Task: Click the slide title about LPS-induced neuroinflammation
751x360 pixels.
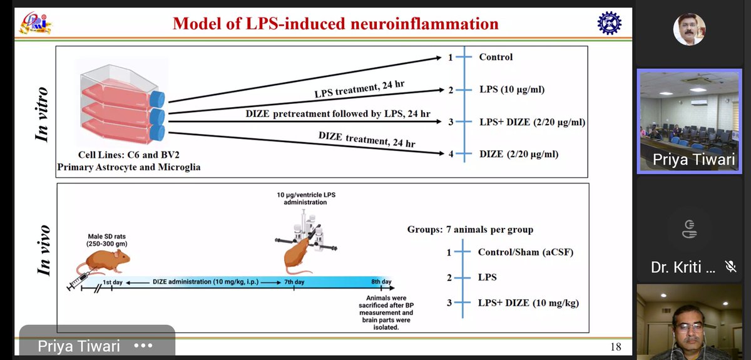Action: [335, 24]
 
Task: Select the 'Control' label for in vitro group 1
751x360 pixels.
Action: [496, 57]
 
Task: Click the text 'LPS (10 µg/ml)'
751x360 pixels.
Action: [512, 90]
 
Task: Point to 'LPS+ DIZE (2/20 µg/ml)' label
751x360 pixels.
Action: [532, 122]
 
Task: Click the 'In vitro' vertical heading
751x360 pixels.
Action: [42, 114]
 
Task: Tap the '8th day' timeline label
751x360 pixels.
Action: [381, 282]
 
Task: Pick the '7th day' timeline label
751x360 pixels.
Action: [294, 282]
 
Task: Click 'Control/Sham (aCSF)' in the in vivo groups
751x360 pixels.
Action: [526, 252]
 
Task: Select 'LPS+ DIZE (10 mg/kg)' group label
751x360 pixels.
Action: [528, 303]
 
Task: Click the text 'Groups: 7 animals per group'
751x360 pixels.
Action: [470, 229]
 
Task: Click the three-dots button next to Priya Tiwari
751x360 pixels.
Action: [143, 346]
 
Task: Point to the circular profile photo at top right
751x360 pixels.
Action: [689, 29]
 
